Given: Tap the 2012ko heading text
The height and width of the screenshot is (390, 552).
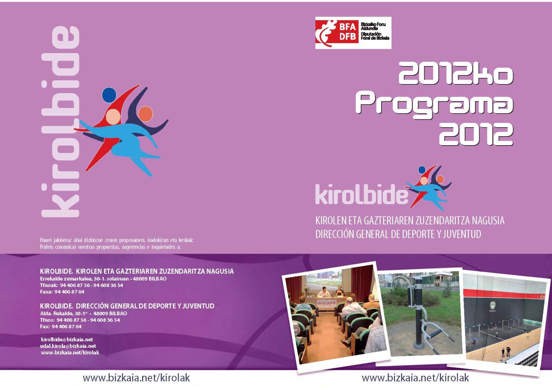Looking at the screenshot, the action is tap(456, 73).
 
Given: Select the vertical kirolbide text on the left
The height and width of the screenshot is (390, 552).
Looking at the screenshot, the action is tap(60, 122).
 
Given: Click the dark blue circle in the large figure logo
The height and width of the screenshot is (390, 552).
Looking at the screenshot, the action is tap(109, 94).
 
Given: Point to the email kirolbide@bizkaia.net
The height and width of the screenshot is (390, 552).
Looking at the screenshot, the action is tap(67, 340).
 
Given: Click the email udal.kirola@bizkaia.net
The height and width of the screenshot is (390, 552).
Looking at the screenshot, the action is tap(68, 346).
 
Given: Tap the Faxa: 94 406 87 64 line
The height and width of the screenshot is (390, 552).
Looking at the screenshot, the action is tap(62, 292).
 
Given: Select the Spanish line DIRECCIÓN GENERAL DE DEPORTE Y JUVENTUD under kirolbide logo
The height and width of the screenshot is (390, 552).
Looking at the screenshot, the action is tap(398, 234).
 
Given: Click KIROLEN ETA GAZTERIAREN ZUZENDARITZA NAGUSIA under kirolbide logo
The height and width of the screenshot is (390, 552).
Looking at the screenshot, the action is tap(410, 220).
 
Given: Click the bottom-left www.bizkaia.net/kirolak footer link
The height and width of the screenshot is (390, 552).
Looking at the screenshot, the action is tap(136, 378).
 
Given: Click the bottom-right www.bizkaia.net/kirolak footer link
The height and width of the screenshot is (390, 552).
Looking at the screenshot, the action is tap(415, 378).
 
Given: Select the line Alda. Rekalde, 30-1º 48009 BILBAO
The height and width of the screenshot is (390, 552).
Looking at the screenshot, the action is tap(83, 313).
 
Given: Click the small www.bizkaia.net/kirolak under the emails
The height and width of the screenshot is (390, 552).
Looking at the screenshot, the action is tap(70, 352).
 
